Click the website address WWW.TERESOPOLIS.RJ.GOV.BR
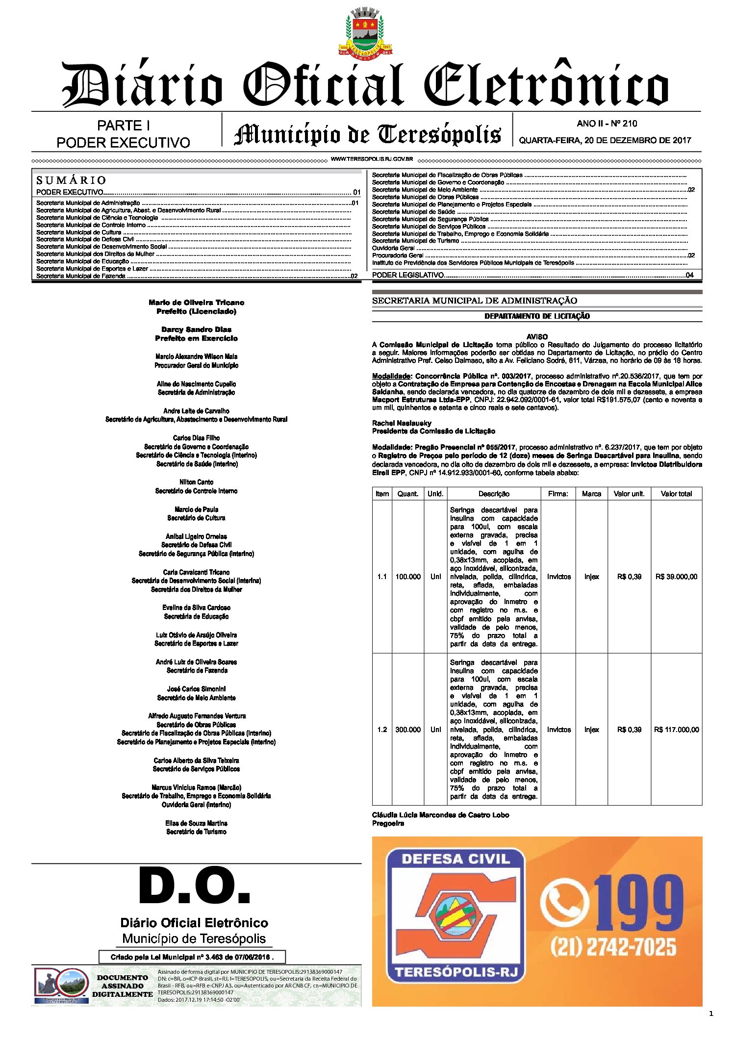point(372,159)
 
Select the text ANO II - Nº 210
point(607,124)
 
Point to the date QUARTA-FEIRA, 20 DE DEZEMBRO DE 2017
point(605,140)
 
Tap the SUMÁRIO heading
point(71,180)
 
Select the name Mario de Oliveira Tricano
point(196,303)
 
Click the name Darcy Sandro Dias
point(196,329)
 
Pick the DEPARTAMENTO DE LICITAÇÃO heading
point(537,316)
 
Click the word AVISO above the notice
point(537,337)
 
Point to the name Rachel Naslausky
point(402,423)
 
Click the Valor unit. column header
point(629,494)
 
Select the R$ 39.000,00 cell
point(676,577)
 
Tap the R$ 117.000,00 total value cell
point(676,730)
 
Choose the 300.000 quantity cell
point(408,730)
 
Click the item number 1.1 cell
point(382,577)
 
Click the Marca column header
point(591,494)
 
